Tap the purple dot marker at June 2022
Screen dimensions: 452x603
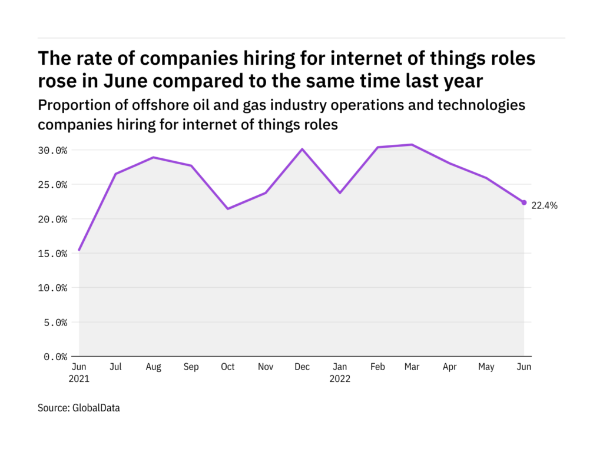tap(524, 202)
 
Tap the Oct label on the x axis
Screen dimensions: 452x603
tap(227, 367)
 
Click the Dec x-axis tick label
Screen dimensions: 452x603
tap(302, 367)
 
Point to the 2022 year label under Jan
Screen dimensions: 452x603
tap(339, 378)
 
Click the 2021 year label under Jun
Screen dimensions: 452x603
tap(79, 378)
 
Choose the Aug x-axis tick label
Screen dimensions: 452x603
tap(153, 367)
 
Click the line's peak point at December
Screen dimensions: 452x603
tap(302, 149)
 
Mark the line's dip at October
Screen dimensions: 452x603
tap(227, 208)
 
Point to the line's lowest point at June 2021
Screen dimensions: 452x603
tap(79, 250)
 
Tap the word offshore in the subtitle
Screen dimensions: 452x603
tap(144, 105)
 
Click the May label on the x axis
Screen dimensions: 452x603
tap(486, 367)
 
